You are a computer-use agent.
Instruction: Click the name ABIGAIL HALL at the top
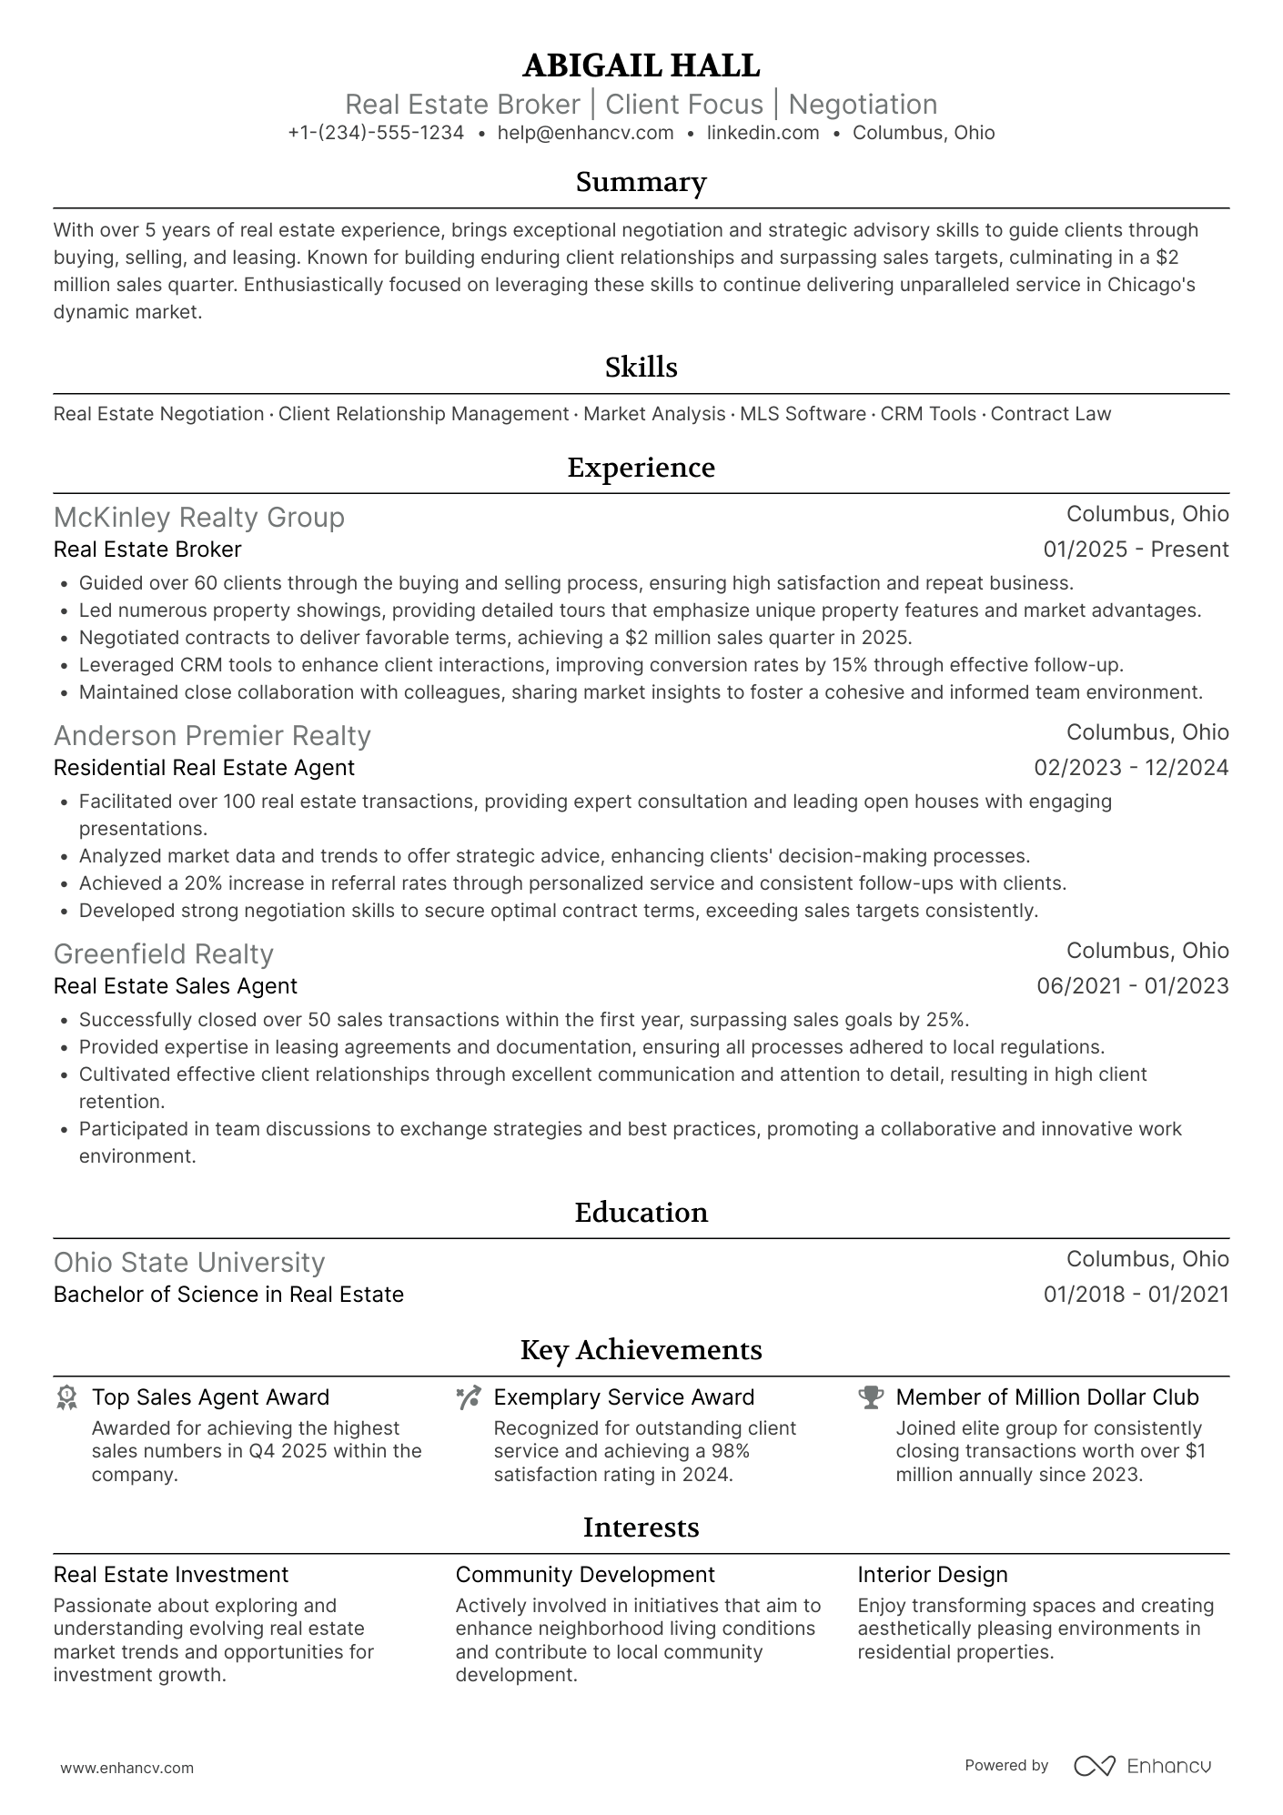click(641, 66)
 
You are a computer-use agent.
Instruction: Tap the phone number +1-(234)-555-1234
click(376, 133)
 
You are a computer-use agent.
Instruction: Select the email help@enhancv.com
click(585, 133)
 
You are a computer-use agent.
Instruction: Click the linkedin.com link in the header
click(763, 133)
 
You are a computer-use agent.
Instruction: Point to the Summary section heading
click(641, 182)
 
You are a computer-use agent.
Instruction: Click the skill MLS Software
click(803, 414)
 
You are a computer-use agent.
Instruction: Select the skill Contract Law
click(1050, 414)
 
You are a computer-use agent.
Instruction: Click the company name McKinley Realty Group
click(199, 517)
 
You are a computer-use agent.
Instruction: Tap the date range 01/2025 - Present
click(1136, 550)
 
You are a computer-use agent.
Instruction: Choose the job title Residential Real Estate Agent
click(204, 768)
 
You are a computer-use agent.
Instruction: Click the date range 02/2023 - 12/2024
click(1131, 768)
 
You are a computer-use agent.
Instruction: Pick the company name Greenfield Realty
click(164, 953)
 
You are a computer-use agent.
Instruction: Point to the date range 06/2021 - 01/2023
click(1132, 986)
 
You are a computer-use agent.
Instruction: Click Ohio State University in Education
click(189, 1262)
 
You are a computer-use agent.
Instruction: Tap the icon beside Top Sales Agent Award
click(66, 1398)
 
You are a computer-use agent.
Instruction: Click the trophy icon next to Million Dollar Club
click(871, 1398)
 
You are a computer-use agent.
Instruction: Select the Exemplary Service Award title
click(623, 1397)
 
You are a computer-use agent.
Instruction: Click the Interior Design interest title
click(932, 1575)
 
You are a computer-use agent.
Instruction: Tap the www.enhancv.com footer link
click(127, 1769)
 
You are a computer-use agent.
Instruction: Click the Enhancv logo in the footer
click(1143, 1766)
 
